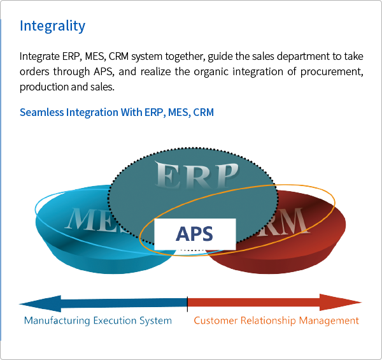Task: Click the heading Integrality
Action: (52, 26)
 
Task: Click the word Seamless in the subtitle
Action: (38, 113)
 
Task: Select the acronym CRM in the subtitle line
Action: (203, 113)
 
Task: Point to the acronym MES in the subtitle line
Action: (177, 113)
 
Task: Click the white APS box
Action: (195, 234)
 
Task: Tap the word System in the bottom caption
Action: (155, 320)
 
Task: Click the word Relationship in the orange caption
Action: (266, 320)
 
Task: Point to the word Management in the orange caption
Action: (328, 320)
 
